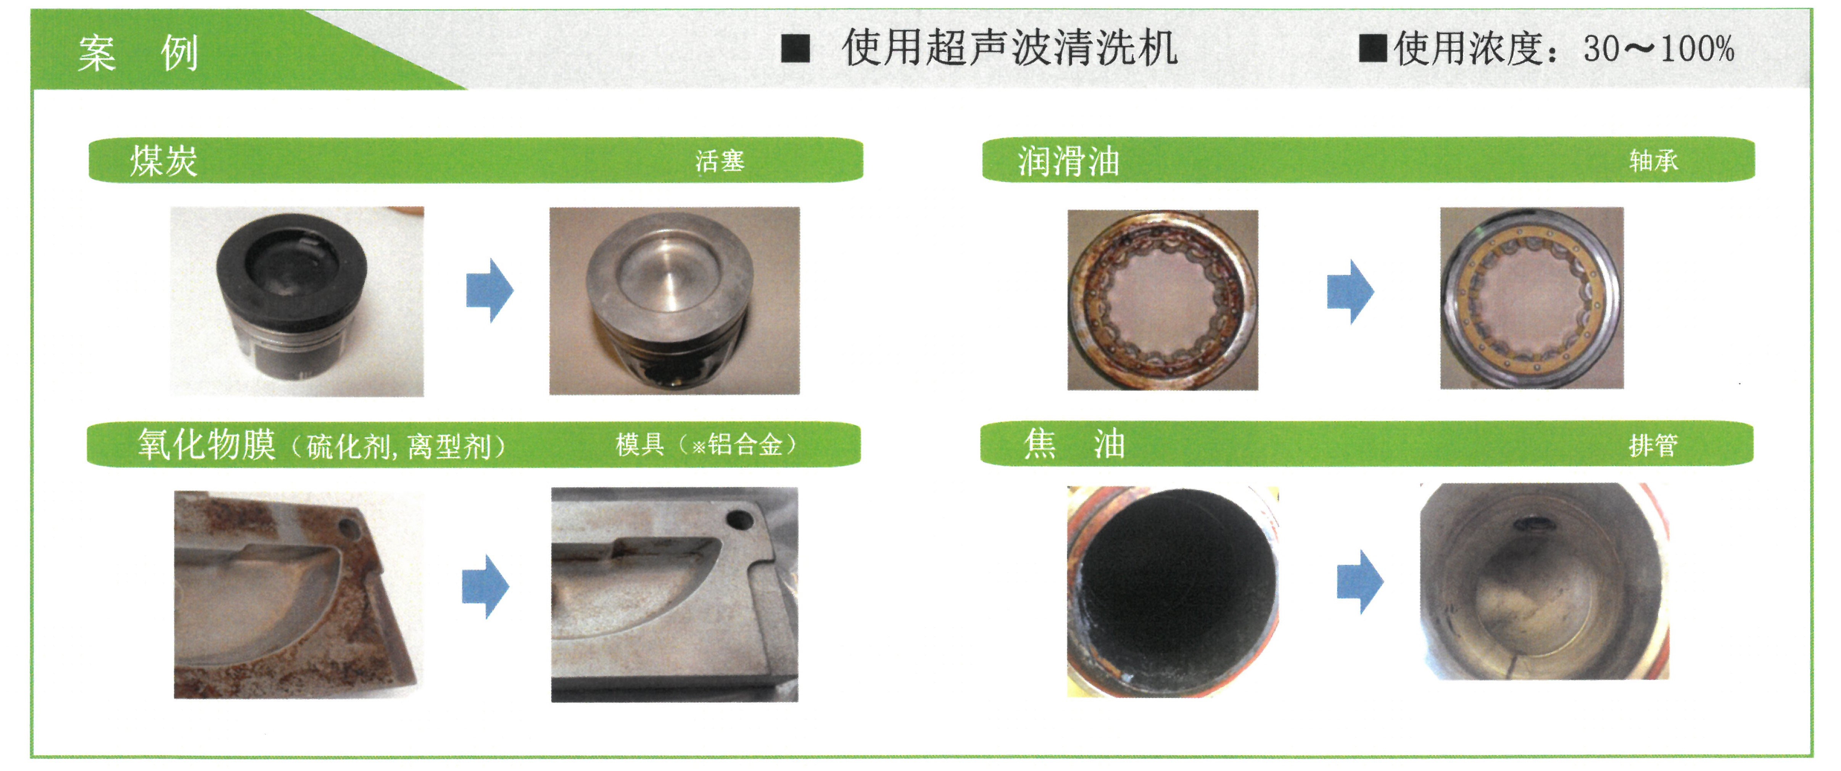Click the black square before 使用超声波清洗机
click(796, 48)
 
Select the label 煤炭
click(164, 160)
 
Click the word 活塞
click(720, 161)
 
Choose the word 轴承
click(1653, 160)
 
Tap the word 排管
click(1653, 445)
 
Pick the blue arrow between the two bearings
click(1350, 291)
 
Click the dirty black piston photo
click(296, 301)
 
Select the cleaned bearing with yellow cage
click(1532, 298)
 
